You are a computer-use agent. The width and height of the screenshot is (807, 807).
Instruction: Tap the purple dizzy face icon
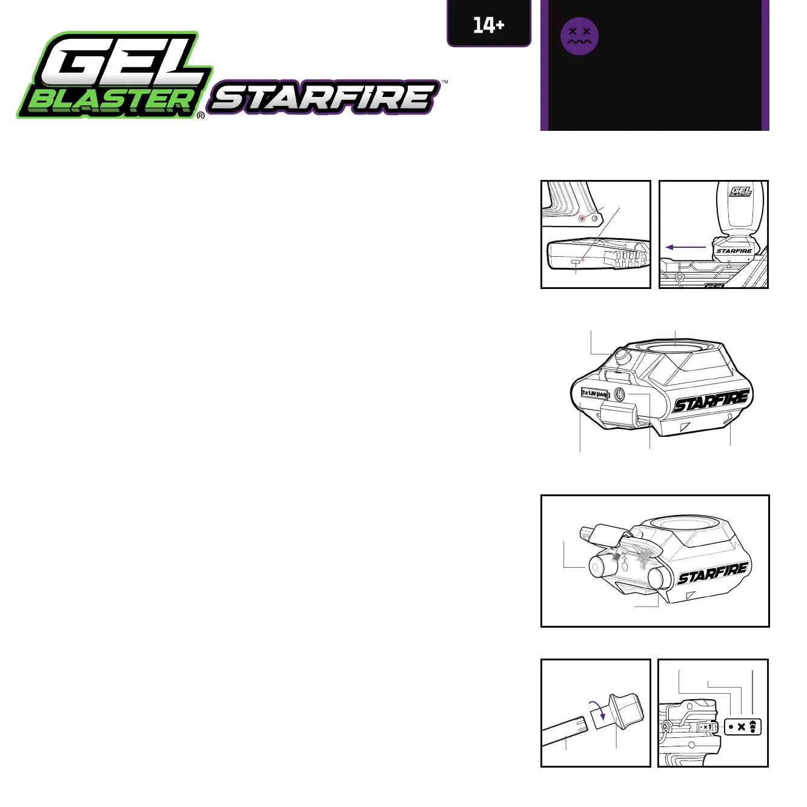(x=579, y=36)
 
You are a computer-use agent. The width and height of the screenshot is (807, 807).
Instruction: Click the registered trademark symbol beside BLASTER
(x=201, y=115)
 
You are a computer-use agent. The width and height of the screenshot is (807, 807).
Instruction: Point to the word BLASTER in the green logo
(x=112, y=101)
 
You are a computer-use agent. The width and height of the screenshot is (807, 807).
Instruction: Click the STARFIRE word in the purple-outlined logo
(x=324, y=98)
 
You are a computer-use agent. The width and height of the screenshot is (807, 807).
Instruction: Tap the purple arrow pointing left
(x=685, y=247)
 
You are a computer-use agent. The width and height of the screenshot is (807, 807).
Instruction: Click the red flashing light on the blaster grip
(x=582, y=219)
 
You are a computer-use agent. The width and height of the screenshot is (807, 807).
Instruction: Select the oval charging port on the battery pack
(x=575, y=262)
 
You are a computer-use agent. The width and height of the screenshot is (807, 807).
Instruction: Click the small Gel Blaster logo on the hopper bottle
(x=740, y=192)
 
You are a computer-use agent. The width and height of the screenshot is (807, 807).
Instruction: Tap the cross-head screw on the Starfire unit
(x=620, y=394)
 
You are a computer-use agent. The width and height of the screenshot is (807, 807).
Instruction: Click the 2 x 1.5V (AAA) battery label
(x=594, y=393)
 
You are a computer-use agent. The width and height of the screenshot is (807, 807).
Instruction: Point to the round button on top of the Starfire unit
(x=622, y=356)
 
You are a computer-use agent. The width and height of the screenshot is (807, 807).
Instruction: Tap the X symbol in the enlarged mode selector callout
(x=742, y=727)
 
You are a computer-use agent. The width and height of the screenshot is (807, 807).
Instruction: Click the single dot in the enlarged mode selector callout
(x=731, y=727)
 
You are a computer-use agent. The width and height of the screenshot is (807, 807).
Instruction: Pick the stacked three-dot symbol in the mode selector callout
(x=752, y=727)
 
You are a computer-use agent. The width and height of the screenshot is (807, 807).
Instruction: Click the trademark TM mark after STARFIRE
(x=445, y=82)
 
